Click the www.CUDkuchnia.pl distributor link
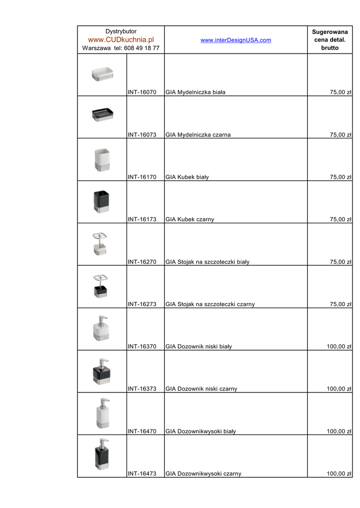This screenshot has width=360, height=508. [x=121, y=40]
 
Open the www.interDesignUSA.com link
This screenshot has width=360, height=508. [x=236, y=40]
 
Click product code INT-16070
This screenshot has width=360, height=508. [x=142, y=92]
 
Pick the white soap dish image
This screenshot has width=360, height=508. [x=103, y=74]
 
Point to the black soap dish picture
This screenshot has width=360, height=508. [x=103, y=115]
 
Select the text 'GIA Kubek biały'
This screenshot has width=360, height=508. [x=187, y=177]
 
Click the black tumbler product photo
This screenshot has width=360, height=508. [x=102, y=201]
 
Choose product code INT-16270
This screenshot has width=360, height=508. [x=142, y=262]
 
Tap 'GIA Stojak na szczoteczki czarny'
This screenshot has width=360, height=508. [x=210, y=304]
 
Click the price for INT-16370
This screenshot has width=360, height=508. [x=339, y=346]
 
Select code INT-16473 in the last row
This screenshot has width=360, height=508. [x=142, y=474]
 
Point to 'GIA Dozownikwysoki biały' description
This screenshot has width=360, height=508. [x=201, y=432]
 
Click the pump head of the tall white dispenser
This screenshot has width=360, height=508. [x=104, y=401]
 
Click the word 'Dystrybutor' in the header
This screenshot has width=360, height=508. [x=121, y=31]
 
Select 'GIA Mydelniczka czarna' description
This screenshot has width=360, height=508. [x=198, y=134]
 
